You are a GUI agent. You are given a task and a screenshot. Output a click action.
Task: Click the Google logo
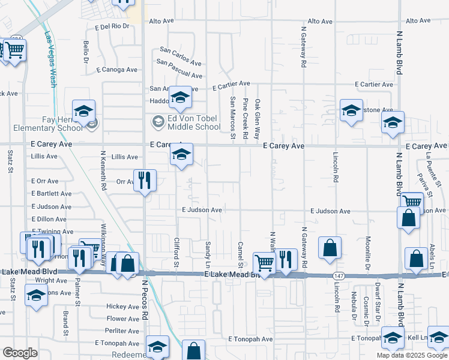pyautogui.click(x=20, y=353)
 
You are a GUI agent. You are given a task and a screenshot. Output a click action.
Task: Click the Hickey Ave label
pyautogui.click(x=123, y=306)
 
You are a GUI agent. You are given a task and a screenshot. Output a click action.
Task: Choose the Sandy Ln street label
pyautogui.click(x=208, y=254)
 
